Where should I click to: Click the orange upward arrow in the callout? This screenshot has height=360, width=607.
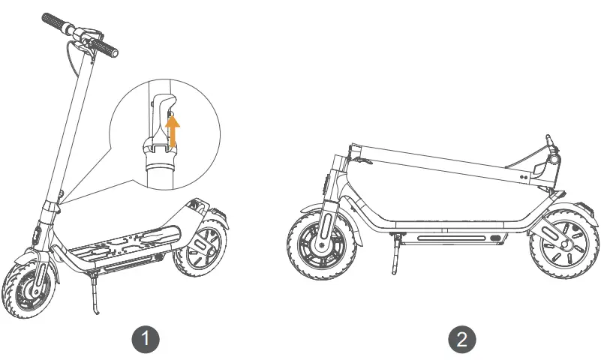point(173,132)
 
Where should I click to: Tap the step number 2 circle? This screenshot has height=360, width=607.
point(462,338)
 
